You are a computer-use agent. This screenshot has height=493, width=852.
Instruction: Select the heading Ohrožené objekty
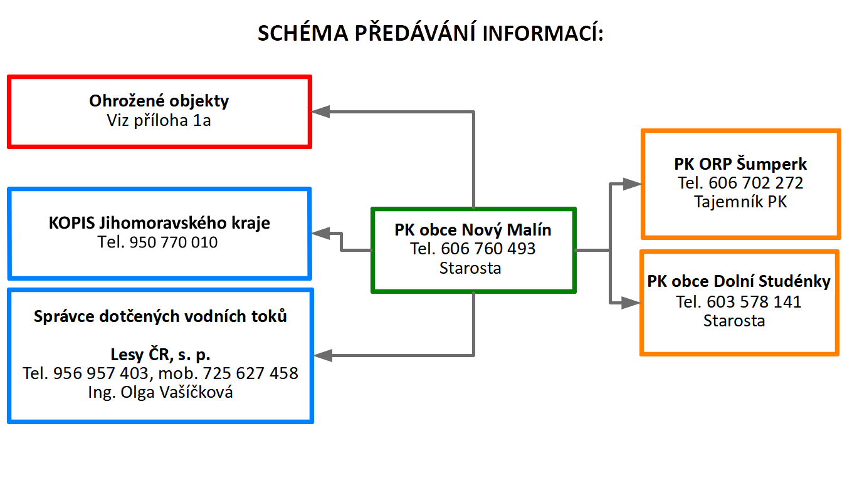tap(159, 101)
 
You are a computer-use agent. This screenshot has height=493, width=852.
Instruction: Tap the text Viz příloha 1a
tap(159, 120)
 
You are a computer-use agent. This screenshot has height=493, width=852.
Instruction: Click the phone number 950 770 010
tap(174, 242)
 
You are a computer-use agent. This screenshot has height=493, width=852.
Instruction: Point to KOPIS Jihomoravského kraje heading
tap(159, 223)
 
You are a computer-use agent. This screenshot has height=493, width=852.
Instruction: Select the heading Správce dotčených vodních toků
tap(160, 316)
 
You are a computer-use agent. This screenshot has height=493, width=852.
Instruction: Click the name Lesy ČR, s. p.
tap(160, 355)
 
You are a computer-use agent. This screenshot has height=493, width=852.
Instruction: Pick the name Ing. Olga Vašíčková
tap(160, 392)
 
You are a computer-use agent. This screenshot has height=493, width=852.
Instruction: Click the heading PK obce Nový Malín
tap(473, 230)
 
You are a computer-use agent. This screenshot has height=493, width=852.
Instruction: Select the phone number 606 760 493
tap(488, 249)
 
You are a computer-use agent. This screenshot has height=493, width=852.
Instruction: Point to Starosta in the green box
tap(470, 268)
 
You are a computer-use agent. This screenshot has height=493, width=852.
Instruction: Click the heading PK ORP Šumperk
tap(740, 164)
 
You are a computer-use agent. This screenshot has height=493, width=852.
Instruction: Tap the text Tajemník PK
tap(740, 202)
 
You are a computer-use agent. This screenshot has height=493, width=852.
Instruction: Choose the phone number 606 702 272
tap(756, 183)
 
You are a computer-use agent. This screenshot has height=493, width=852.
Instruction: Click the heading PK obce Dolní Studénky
tap(739, 282)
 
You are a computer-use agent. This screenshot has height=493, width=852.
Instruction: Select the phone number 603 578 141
tap(754, 302)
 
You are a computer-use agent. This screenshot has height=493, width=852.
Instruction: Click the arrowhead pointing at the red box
tap(320, 112)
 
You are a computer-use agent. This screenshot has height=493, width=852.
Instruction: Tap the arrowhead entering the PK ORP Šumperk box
tap(632, 184)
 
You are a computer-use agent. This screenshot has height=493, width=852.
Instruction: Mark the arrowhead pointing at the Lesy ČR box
tap(323, 355)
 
